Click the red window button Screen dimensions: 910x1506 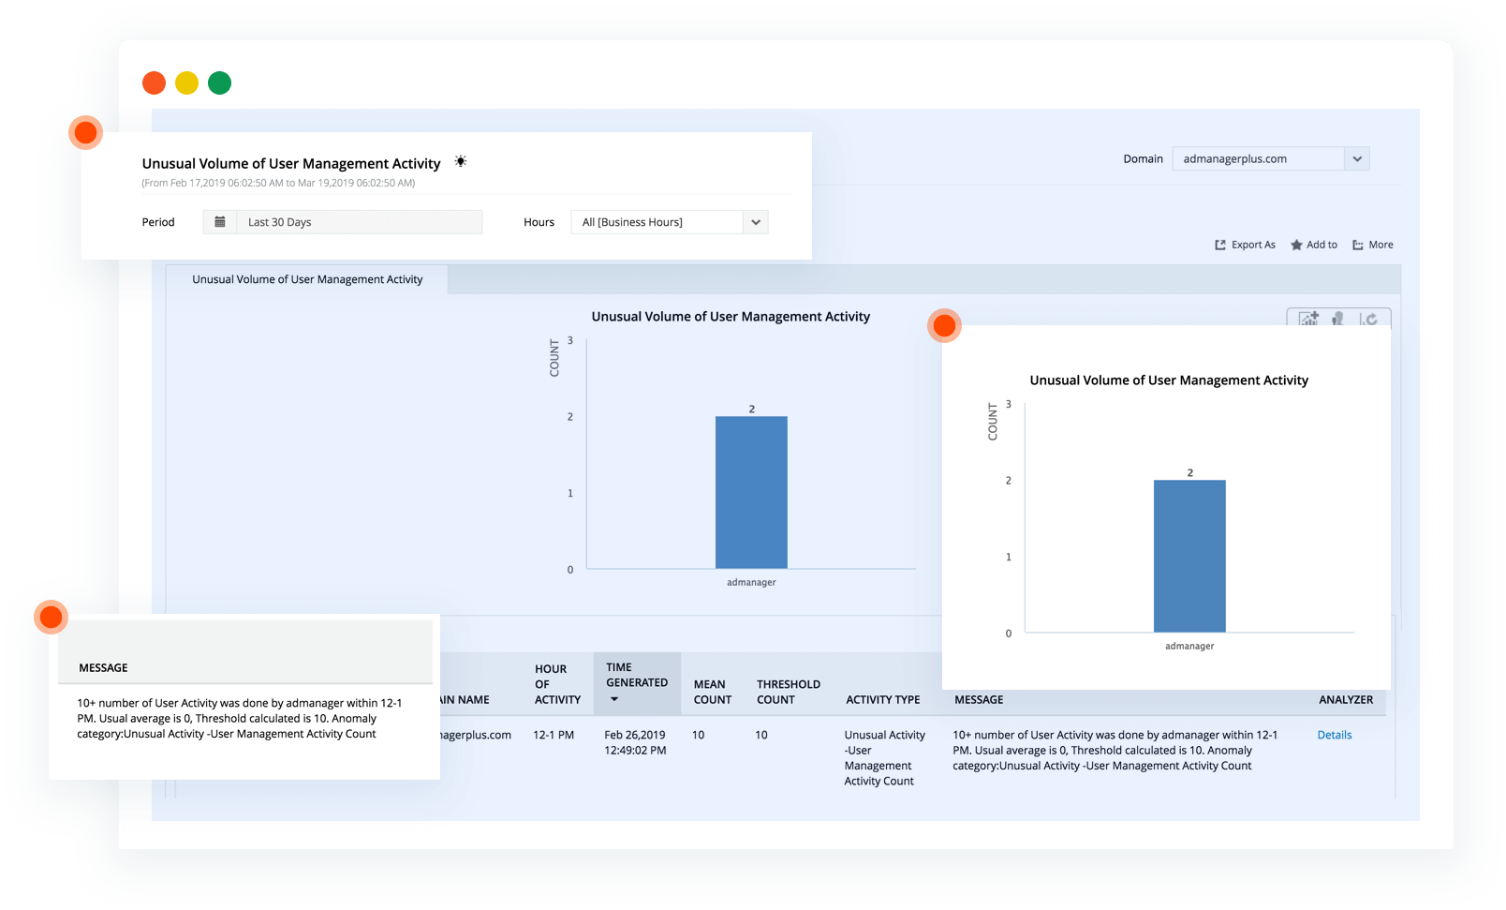154,82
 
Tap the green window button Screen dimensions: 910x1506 219,82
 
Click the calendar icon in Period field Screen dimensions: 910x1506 220,222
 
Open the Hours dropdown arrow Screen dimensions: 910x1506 755,222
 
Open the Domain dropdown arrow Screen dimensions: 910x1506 1357,159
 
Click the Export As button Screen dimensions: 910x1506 1245,245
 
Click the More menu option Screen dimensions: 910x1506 1373,245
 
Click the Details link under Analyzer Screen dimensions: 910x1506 1334,735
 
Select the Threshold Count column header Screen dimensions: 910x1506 788,692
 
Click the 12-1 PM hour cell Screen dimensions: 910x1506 554,735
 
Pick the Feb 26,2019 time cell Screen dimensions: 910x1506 635,742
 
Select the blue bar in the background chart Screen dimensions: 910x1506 751,492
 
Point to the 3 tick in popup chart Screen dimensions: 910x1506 1009,404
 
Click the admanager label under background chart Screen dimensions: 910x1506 751,582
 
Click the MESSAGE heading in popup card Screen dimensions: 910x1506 103,667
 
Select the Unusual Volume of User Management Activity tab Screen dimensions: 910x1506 307,279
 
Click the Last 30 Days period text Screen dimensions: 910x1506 280,222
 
